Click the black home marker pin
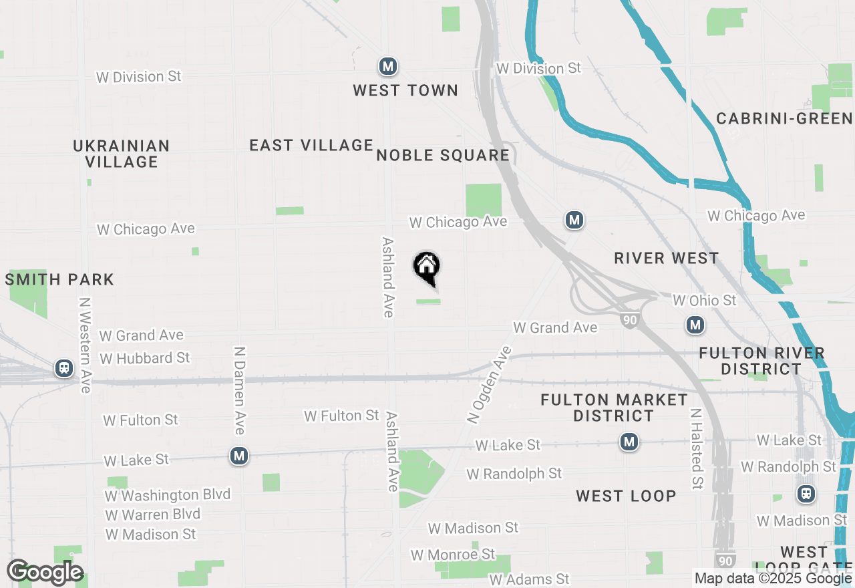(x=427, y=268)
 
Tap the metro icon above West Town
(x=387, y=66)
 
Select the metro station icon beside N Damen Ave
(x=239, y=456)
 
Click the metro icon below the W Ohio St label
(x=695, y=325)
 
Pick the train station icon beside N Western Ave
(x=64, y=367)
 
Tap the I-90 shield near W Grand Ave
(x=630, y=320)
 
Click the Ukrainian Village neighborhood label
(x=122, y=154)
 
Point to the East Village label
(x=311, y=145)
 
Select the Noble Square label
(x=443, y=156)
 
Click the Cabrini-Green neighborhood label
(x=784, y=119)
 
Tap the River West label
(x=667, y=259)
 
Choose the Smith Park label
(x=59, y=279)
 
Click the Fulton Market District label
(x=614, y=408)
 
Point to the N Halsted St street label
(x=697, y=448)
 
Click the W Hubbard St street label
(x=145, y=358)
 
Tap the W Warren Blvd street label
(x=153, y=514)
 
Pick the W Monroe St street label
(x=453, y=555)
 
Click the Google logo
(x=45, y=572)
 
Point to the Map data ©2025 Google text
(x=773, y=579)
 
